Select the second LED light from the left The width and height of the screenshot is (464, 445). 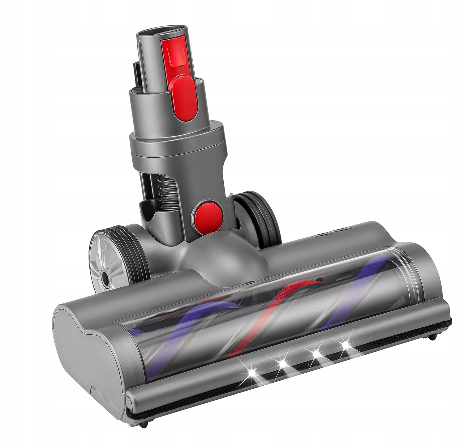click(282, 362)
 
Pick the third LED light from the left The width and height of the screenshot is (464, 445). click(316, 353)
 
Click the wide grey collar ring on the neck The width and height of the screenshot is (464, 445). click(176, 141)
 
